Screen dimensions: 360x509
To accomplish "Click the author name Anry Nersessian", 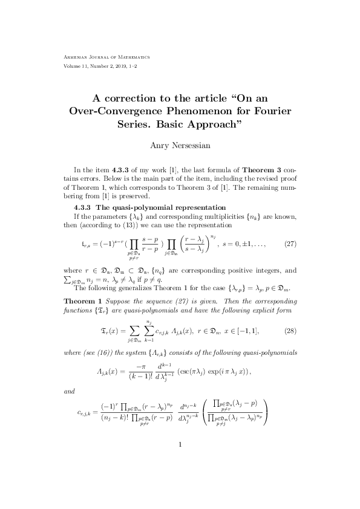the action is click(180, 144).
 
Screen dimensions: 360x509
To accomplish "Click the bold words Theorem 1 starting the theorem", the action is click(83, 300).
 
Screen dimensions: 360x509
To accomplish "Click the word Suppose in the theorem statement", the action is click(123, 300).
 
